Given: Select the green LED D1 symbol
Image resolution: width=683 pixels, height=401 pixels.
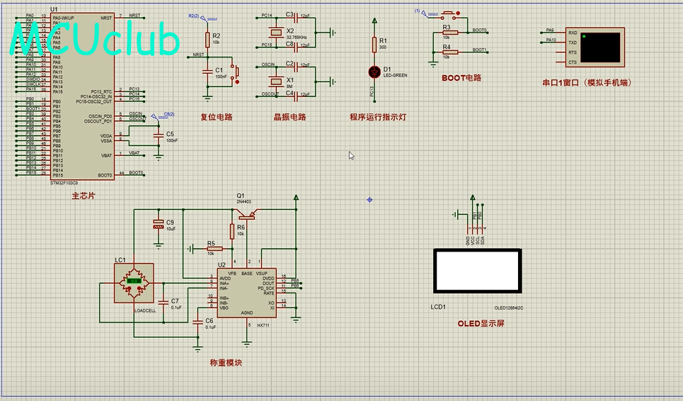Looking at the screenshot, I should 375,71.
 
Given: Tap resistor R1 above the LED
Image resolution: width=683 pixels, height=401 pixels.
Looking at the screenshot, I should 375,45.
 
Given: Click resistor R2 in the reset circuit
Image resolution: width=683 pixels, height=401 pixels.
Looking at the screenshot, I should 207,39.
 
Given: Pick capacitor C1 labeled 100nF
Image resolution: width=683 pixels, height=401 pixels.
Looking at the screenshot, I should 207,72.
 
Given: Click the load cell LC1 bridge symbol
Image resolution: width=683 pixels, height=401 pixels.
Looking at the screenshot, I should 135,282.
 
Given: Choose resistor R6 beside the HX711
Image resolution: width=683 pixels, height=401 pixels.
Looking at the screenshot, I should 231,231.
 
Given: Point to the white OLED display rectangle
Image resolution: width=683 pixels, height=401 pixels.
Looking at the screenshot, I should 478,271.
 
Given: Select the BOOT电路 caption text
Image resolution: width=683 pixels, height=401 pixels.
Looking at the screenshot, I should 461,78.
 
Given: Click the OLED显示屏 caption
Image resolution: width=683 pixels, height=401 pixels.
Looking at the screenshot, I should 481,324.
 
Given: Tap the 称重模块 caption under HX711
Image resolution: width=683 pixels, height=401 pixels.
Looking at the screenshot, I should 226,363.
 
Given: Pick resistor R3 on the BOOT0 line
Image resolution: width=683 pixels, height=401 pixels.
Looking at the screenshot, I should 447,32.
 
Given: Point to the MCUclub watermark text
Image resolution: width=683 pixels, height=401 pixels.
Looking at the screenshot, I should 96,41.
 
